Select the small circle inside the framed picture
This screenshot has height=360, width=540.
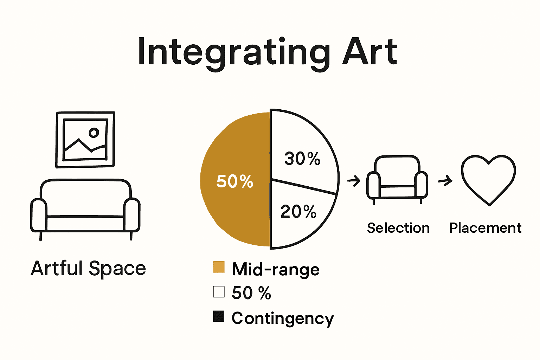94,133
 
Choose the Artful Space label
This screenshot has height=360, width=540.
88,269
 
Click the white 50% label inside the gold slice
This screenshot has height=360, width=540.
234,181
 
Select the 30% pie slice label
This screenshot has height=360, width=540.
302,159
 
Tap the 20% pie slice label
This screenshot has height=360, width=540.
298,212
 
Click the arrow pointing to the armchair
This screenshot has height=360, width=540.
354,181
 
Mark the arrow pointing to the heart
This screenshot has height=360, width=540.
445,181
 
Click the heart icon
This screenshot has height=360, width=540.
489,179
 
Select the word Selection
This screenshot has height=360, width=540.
398,228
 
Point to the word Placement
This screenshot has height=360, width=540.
485,228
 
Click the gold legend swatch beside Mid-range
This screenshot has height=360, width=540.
219,267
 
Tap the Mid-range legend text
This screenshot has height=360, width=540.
276,270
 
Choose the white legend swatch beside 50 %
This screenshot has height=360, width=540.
219,292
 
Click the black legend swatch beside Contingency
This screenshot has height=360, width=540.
219,316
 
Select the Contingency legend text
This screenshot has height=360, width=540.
283,318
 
